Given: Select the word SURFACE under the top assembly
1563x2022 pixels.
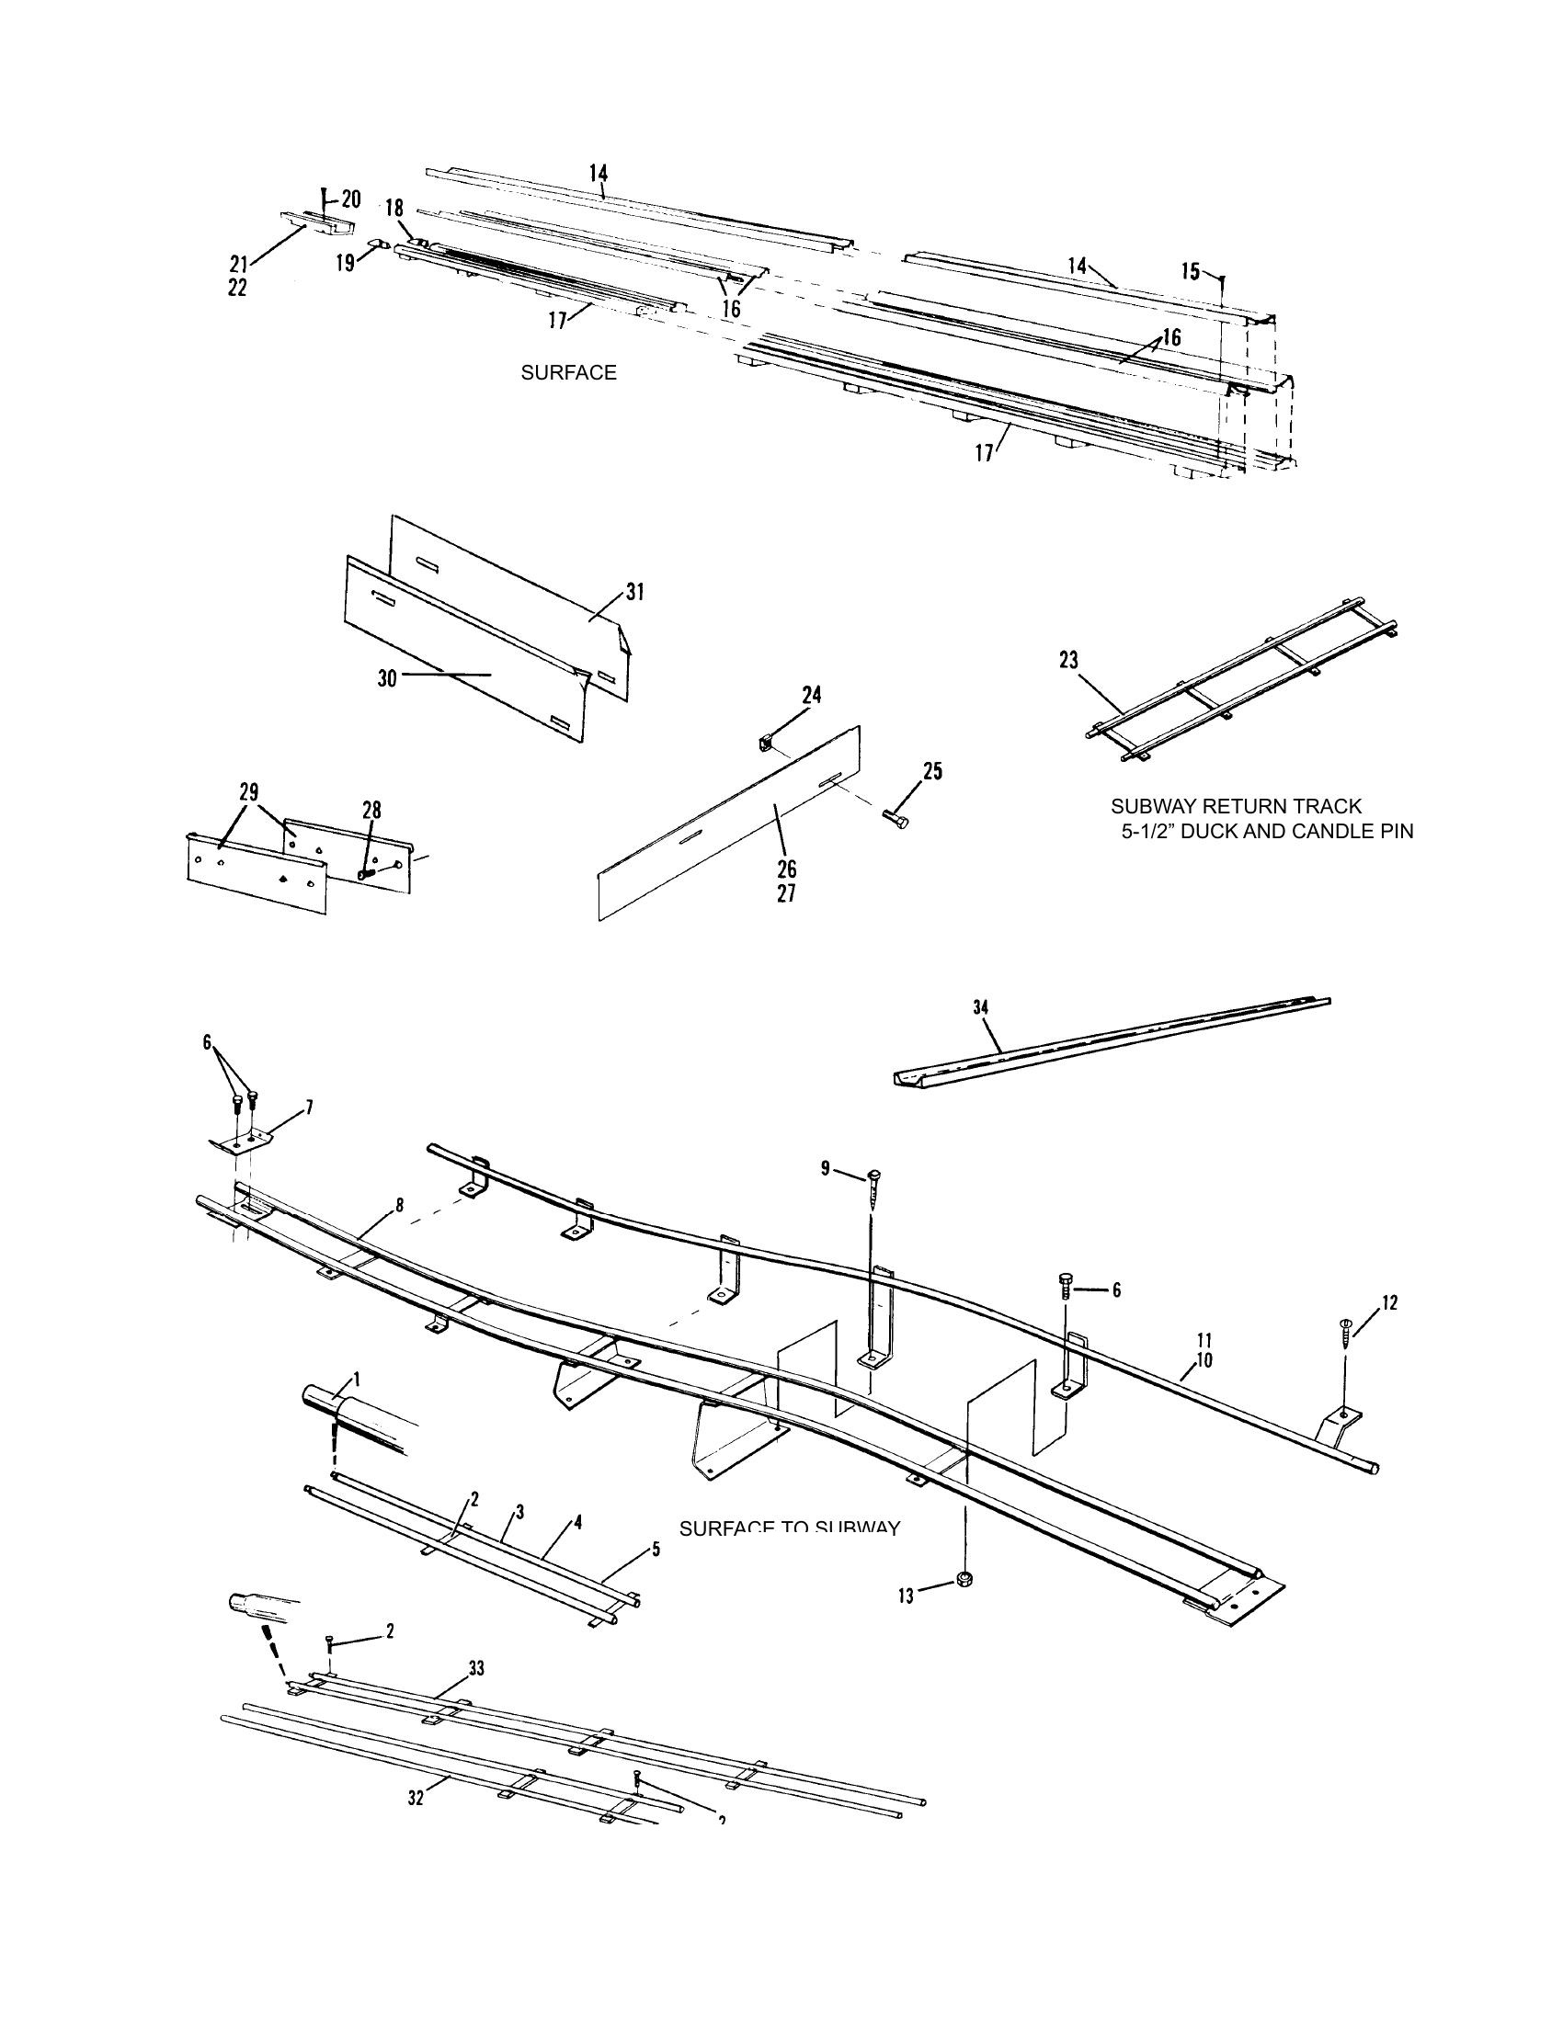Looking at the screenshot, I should point(568,373).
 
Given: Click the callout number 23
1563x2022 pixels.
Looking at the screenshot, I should point(1068,660).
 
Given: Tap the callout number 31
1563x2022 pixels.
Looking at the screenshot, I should point(634,592).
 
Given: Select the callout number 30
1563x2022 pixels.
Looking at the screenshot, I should point(386,678).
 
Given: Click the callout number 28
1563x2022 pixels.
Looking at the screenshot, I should point(371,810).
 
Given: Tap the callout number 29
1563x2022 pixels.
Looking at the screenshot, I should point(248,792).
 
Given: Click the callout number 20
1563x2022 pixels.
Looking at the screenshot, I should point(351,199).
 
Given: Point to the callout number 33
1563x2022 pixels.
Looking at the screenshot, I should point(476,1667).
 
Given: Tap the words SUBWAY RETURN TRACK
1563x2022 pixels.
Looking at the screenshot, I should point(1235,806).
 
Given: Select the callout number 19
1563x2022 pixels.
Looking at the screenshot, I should point(345,263).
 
